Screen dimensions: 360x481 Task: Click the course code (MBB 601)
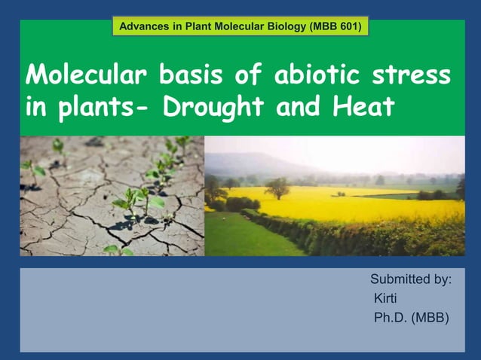click(335, 27)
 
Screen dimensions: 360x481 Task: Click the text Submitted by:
click(411, 280)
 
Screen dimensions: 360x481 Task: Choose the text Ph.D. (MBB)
click(411, 318)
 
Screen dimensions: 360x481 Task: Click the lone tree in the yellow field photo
click(276, 187)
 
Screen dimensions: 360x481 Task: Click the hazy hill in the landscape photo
click(256, 163)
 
